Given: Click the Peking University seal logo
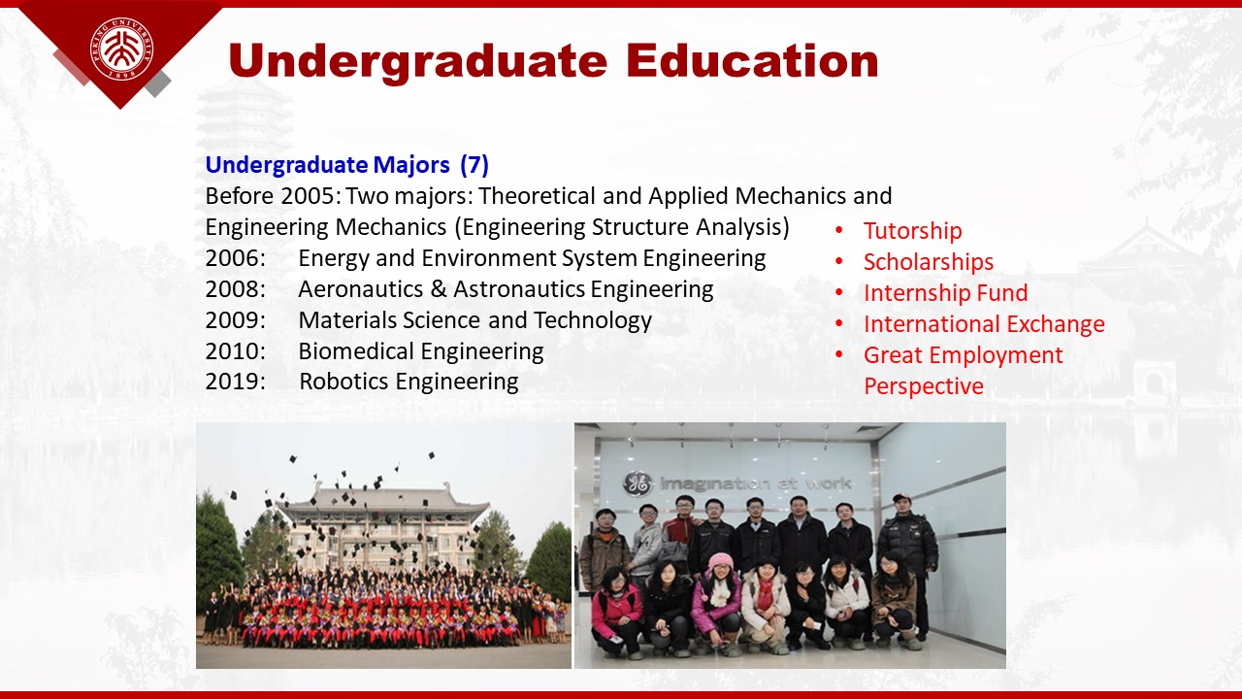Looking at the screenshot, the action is tap(122, 49).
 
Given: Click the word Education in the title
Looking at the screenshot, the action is tap(752, 60).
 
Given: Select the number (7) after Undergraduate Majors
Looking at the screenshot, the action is tap(474, 165).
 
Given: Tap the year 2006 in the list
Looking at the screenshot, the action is tap(235, 258).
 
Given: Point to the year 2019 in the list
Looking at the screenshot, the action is tap(235, 382).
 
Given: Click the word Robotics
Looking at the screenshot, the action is tap(343, 382).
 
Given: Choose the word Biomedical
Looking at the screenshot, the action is tap(359, 351).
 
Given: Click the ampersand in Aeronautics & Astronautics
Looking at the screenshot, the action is tap(439, 289).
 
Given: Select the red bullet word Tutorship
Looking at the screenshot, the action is tap(913, 231).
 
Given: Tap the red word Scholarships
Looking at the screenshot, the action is tap(929, 262).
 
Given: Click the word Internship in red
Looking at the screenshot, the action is tap(917, 293).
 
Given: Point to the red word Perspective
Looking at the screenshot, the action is tap(924, 386).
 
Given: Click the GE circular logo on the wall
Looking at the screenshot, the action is tap(637, 483).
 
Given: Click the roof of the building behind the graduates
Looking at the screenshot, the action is tap(387, 500).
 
